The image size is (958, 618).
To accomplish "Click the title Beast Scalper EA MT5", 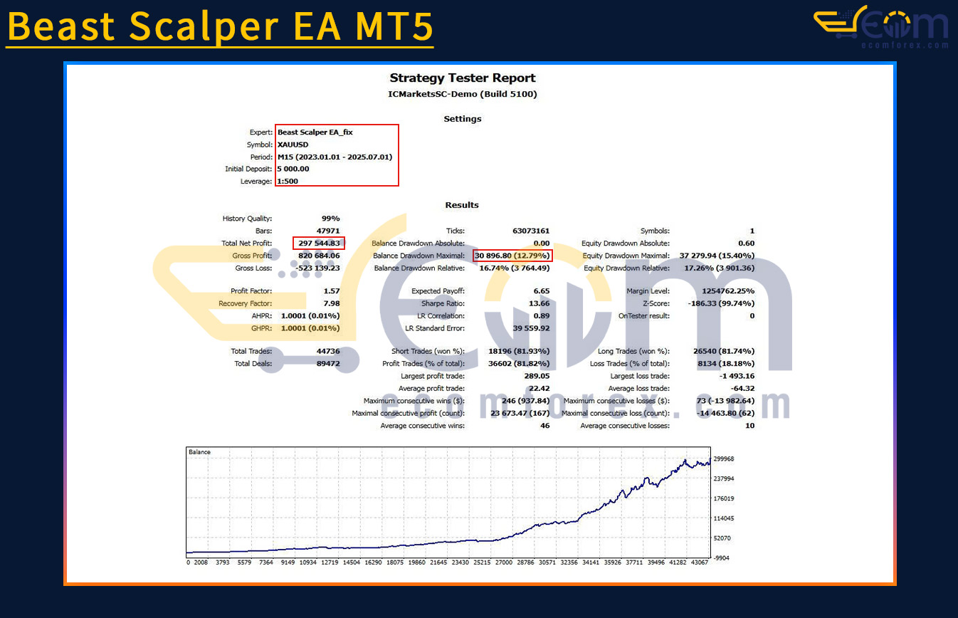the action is coord(220,26).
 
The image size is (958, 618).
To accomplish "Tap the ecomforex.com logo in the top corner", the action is coord(881,26).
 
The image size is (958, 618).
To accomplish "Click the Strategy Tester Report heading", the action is coord(463,78).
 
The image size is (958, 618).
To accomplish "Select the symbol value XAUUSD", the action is coord(293,145).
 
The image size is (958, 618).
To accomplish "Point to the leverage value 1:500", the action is coord(288,181).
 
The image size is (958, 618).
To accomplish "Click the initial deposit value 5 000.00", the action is coord(293,169).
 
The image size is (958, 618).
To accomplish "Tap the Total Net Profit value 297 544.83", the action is coord(319,243).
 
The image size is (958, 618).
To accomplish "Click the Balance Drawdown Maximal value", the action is coord(512,256).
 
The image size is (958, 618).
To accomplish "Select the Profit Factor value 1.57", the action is coord(332,290).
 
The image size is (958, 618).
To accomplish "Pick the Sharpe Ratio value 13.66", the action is coord(539,303).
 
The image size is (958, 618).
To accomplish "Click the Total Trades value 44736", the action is coord(328,351).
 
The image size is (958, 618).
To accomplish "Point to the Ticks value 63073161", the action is coord(531,231).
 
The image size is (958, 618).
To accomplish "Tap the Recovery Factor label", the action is coord(245,303).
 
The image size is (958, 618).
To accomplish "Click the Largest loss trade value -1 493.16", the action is coord(737,376).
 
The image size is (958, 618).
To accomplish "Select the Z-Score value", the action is coord(721,303).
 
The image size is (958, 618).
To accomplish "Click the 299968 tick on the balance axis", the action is coord(724,459).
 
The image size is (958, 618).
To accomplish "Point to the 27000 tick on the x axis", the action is coord(504,562).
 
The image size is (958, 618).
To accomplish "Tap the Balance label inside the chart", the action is coord(200,452).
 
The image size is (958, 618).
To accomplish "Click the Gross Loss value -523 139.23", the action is coord(317,268).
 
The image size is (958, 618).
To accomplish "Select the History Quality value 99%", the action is coord(330,219).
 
